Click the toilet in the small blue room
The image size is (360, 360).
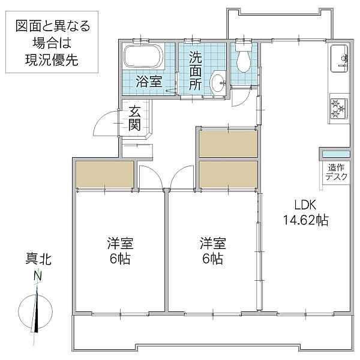click(x=243, y=59)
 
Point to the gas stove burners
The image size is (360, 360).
click(x=338, y=109)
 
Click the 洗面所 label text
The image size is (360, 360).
click(x=196, y=71)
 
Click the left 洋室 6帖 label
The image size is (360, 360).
click(x=120, y=251)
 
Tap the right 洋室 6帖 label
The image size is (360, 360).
click(x=212, y=251)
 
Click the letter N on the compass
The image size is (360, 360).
click(x=38, y=277)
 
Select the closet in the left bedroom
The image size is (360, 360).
click(x=104, y=175)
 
